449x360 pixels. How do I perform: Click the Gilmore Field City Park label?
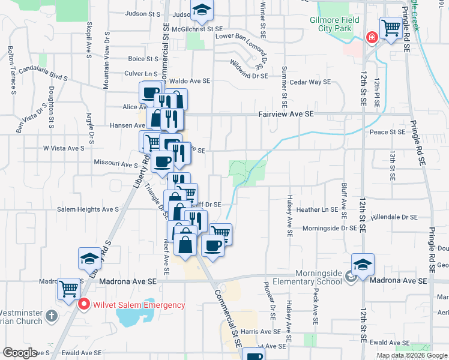pos(334,24)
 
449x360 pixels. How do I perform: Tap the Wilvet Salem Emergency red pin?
pos(84,304)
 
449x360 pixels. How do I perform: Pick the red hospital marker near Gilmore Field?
pos(372,38)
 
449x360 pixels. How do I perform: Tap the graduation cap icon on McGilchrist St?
pos(202,10)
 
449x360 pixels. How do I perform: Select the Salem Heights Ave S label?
pos(88,210)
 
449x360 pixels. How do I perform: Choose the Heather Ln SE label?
pos(318,210)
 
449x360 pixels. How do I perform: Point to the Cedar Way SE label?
pos(310,82)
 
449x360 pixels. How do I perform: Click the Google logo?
pos(20,353)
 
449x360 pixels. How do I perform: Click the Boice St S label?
pos(142,59)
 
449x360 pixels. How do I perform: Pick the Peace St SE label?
pos(388,132)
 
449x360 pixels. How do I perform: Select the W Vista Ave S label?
pos(63,148)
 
